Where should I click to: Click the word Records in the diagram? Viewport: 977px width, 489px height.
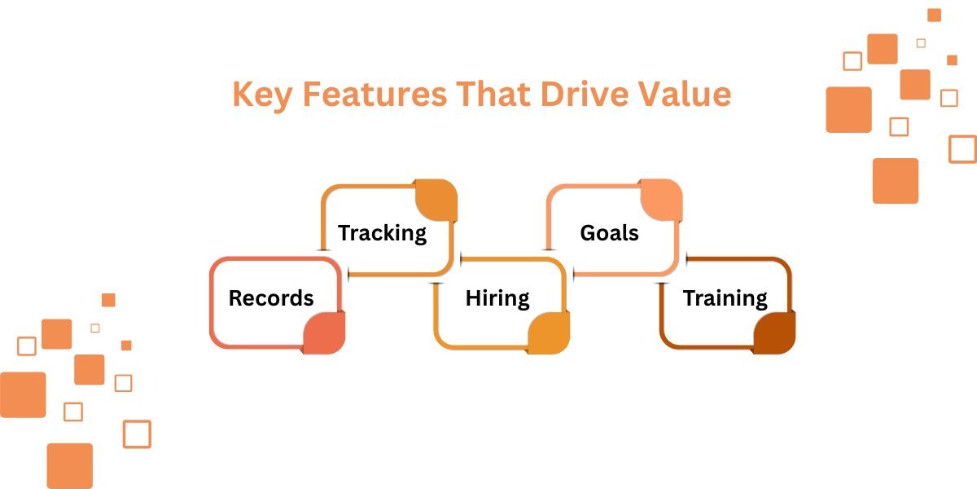click(271, 298)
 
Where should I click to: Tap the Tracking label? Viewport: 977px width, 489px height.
click(382, 233)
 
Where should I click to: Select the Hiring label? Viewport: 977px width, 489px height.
click(497, 298)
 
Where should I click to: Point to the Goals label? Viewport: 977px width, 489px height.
click(609, 233)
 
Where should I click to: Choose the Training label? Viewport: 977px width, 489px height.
click(725, 298)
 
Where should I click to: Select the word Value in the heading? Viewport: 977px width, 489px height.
click(685, 95)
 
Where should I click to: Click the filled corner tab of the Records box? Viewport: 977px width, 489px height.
click(325, 333)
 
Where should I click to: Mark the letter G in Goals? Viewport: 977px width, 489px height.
click(588, 233)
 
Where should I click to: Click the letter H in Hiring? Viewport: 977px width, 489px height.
click(472, 298)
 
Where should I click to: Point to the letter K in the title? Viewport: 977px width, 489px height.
click(242, 95)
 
